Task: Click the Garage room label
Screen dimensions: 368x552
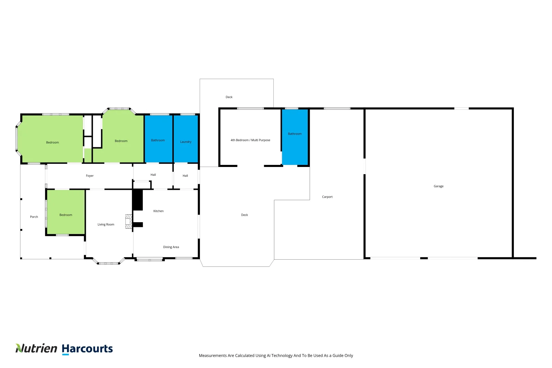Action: coord(439,186)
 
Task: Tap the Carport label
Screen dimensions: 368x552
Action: coord(327,197)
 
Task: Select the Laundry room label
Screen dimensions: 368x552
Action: coord(186,142)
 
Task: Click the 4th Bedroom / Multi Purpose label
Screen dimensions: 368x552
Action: coord(250,140)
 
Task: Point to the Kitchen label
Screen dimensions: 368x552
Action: coord(158,211)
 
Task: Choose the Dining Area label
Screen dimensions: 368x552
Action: coord(171,247)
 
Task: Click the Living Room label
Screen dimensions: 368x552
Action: coord(106,225)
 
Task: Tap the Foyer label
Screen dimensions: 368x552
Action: coord(90,176)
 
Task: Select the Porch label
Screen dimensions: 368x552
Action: coord(34,217)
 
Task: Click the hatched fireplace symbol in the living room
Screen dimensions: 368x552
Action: coord(128,221)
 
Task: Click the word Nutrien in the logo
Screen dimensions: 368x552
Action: coord(36,348)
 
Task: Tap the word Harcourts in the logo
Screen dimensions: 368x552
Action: coord(87,349)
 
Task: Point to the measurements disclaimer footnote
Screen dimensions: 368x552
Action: coord(276,356)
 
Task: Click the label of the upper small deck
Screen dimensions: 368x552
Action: coord(229,97)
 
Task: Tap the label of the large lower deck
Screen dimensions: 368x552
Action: coord(245,215)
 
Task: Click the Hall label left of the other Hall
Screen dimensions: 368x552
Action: coord(153,175)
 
